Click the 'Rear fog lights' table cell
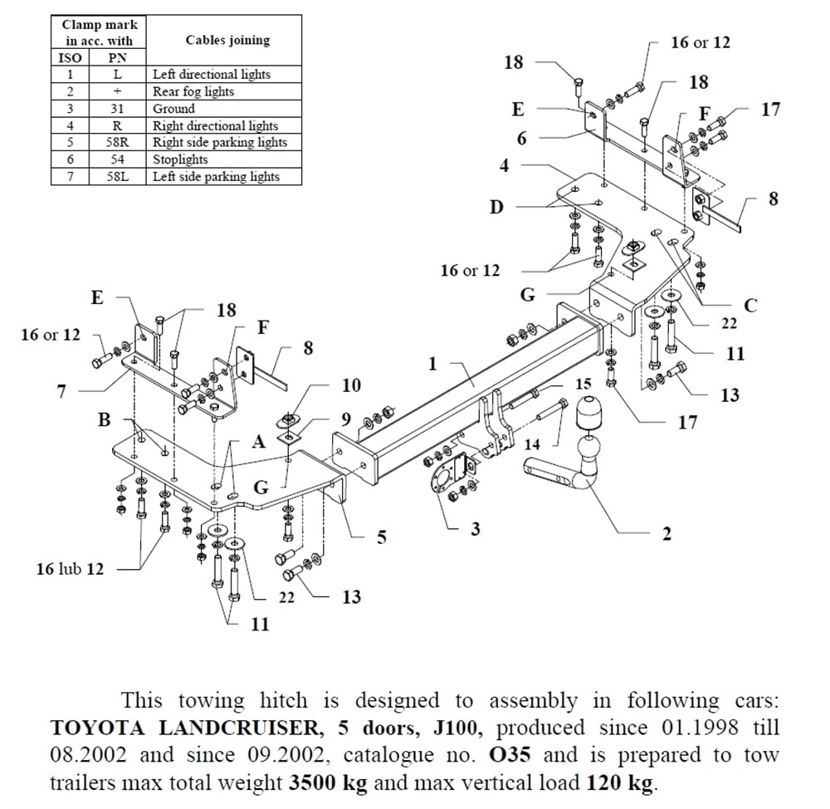[193, 91]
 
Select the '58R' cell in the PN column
[117, 142]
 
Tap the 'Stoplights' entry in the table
[180, 159]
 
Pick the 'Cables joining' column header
[227, 40]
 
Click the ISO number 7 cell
[71, 176]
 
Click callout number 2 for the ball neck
[666, 534]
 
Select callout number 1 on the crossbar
[432, 364]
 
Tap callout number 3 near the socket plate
[475, 528]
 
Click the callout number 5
[382, 537]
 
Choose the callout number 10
[351, 385]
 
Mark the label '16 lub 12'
[70, 569]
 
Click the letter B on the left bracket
[104, 419]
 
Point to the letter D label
[496, 207]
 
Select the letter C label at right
[750, 306]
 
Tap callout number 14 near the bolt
[532, 445]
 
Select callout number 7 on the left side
[61, 391]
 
